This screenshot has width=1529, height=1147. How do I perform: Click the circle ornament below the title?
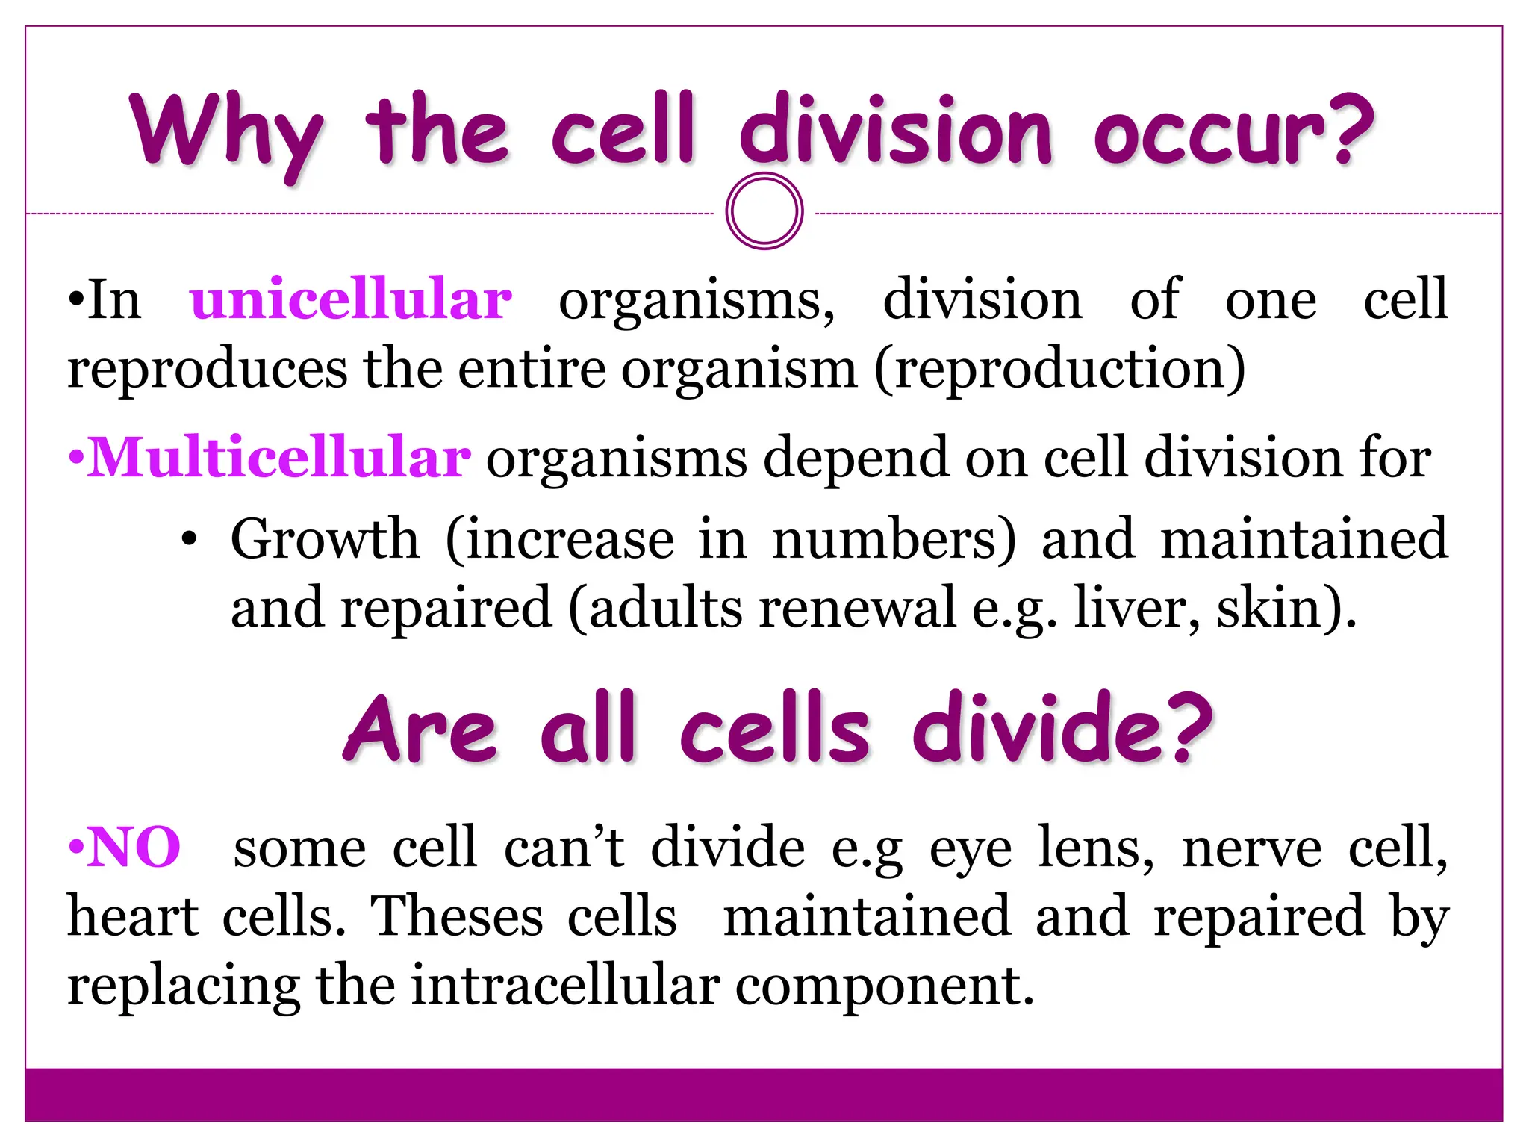click(x=764, y=211)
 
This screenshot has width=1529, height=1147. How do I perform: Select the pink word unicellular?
click(x=351, y=299)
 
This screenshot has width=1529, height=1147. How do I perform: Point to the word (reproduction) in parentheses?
click(x=1060, y=368)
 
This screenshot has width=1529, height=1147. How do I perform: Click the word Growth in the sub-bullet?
click(x=325, y=538)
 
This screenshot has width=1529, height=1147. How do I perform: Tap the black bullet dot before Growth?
click(x=190, y=539)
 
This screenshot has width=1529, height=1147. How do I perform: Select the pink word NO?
click(x=134, y=848)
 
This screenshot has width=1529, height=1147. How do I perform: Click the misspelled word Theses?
click(x=457, y=916)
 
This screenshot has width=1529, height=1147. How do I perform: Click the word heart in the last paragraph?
click(x=133, y=916)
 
